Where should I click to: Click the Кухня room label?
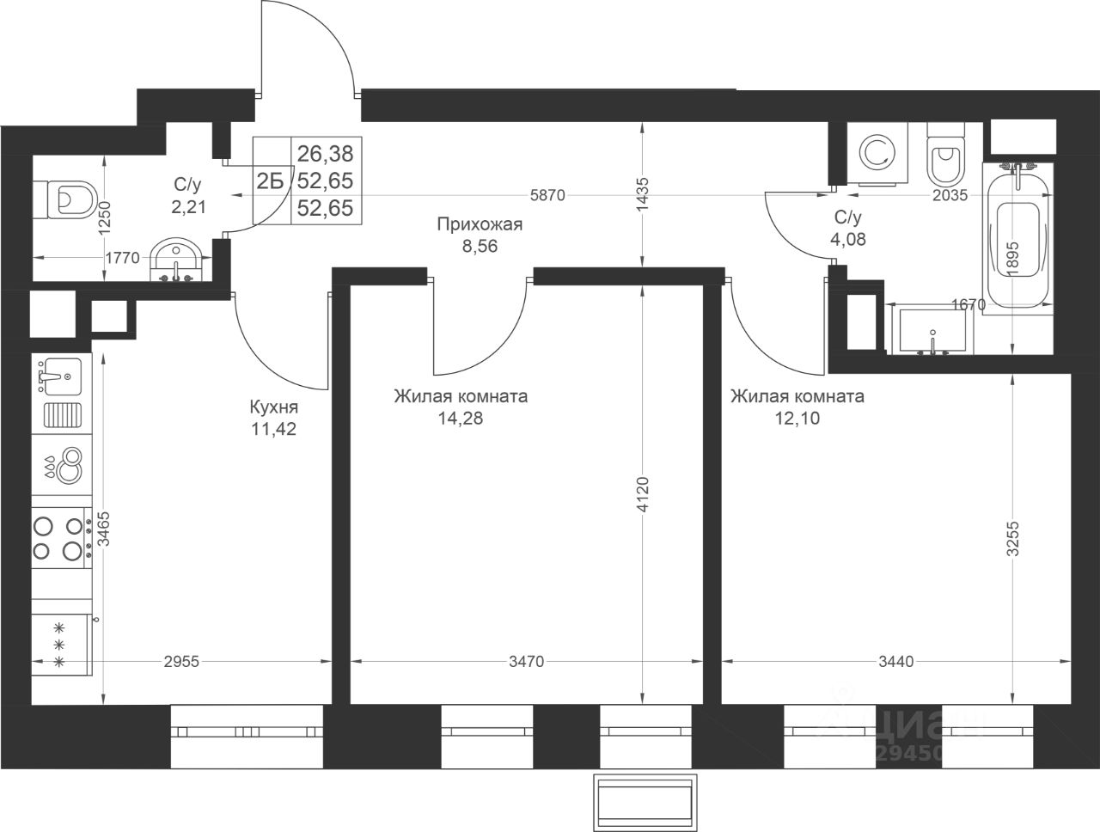click(273, 407)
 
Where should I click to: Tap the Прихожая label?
click(480, 224)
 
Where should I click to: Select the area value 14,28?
click(461, 418)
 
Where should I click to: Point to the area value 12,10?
click(797, 418)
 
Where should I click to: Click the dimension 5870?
click(547, 195)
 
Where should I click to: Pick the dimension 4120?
click(642, 493)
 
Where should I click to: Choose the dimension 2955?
click(181, 662)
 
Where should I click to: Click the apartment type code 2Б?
click(271, 180)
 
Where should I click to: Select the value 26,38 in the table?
click(326, 154)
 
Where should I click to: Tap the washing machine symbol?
click(877, 153)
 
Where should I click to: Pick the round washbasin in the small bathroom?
click(176, 260)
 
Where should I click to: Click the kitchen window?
click(247, 737)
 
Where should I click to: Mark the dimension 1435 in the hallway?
click(642, 194)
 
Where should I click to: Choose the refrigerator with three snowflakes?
click(61, 644)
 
